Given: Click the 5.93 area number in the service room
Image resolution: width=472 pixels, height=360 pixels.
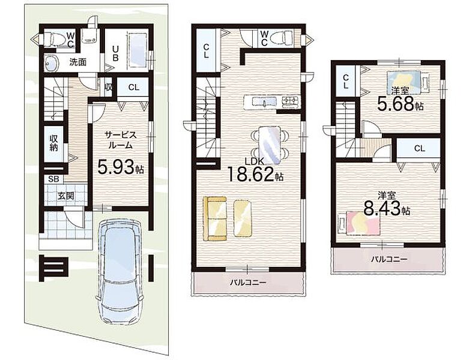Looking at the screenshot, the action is [116, 167].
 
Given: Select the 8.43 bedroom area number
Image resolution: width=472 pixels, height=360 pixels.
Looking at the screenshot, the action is [382, 208].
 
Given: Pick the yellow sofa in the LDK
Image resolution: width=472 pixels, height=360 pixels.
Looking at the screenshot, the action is [214, 218].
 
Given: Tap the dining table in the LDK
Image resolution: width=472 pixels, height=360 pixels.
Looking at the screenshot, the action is [270, 145].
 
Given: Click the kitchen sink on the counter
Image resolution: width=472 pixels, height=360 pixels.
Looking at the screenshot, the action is [264, 101].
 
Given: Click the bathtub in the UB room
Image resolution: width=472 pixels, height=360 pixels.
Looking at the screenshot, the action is [138, 50].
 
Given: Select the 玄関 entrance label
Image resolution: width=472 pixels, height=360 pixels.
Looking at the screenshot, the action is [65, 196].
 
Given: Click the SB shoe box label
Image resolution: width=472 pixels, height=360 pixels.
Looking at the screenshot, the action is [53, 179].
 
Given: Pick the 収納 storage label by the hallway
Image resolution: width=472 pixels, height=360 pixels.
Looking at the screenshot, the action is [54, 143].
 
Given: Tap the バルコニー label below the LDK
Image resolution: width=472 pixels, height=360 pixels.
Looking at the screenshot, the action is [248, 283].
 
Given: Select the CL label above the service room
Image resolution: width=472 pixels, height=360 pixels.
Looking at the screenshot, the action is [134, 87].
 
